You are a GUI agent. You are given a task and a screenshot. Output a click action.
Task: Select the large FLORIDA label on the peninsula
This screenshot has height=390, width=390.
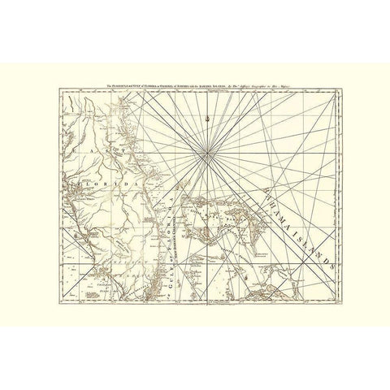[x=108, y=185]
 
